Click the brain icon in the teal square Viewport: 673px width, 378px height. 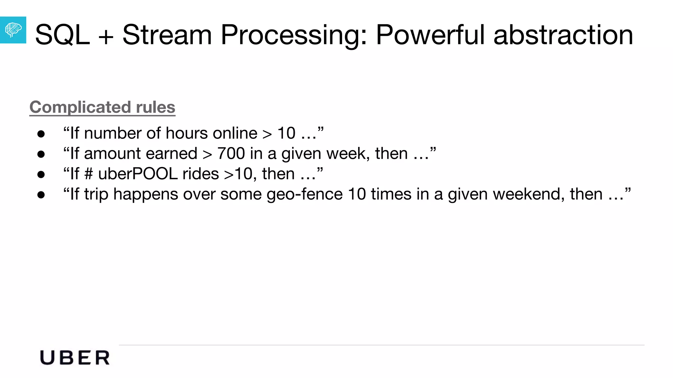point(13,30)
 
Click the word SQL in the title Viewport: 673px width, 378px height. point(62,35)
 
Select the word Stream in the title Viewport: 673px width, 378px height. point(167,35)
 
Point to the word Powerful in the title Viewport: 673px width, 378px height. point(430,35)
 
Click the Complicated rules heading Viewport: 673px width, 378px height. point(102,107)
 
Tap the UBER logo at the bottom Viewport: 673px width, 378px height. point(75,358)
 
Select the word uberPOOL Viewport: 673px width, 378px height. point(138,174)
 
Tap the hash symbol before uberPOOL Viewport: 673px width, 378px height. point(88,174)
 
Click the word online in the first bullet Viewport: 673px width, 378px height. point(235,133)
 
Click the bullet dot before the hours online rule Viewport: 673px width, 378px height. point(41,134)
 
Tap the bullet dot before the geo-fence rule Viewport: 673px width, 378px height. point(41,195)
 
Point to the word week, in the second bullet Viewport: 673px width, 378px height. point(348,154)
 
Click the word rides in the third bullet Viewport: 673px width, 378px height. point(200,174)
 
